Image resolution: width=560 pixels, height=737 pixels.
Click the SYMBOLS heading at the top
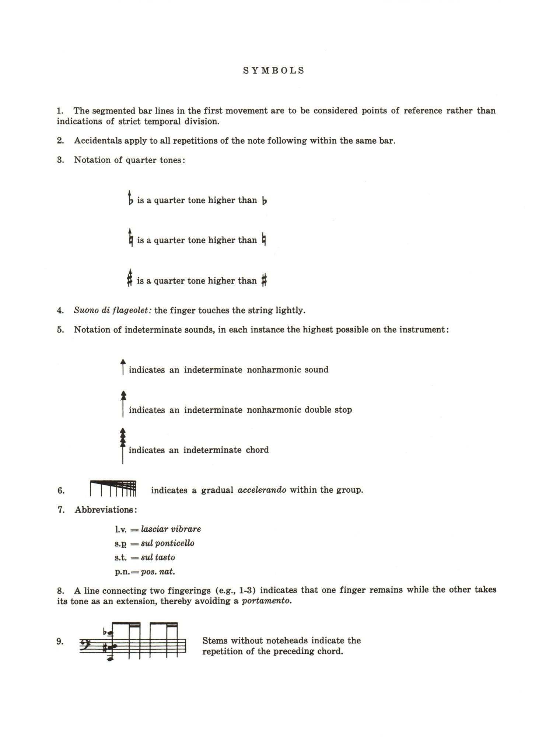[x=274, y=71]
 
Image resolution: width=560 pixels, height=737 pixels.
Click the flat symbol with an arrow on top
[x=130, y=199]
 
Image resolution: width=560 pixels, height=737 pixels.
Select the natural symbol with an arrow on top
[x=130, y=238]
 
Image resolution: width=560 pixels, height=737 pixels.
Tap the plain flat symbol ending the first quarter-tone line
[x=264, y=201]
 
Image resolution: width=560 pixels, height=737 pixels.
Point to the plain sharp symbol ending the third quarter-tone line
[x=264, y=281]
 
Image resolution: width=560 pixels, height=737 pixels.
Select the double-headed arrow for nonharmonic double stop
[x=123, y=404]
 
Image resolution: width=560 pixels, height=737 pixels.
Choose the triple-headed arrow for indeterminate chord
[x=123, y=445]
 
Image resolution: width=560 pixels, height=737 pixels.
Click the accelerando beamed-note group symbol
[x=113, y=489]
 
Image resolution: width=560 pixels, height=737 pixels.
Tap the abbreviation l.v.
[x=121, y=530]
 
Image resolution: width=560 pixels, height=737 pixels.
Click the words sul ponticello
[x=168, y=544]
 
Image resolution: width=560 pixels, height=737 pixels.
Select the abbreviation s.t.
[x=121, y=558]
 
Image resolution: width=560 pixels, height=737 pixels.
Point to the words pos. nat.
[x=158, y=572]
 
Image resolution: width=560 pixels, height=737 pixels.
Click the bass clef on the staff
[x=86, y=642]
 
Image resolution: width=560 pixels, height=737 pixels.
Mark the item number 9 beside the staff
[x=60, y=642]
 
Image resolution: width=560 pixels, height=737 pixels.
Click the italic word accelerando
[x=262, y=490]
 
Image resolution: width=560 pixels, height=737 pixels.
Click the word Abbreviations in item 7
[x=105, y=510]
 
